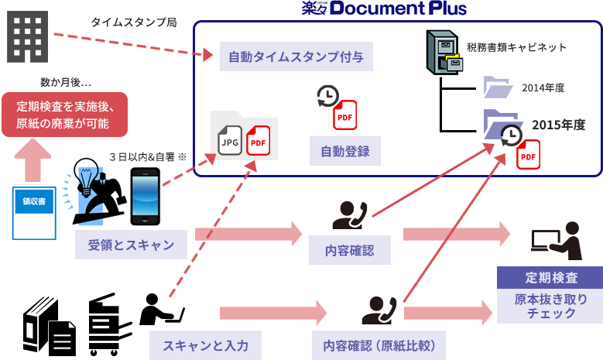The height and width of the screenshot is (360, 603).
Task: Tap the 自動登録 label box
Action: (x=345, y=153)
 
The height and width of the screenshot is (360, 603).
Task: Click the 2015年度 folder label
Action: (x=557, y=125)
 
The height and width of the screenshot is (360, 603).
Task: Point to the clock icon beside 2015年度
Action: (x=510, y=135)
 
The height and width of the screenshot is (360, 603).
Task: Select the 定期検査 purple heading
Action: (x=551, y=277)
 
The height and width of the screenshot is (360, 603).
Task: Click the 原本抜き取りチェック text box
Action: (x=551, y=306)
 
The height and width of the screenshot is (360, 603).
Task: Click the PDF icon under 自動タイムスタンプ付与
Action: (x=344, y=115)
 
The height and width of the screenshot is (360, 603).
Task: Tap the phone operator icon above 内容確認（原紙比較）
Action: (x=379, y=310)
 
